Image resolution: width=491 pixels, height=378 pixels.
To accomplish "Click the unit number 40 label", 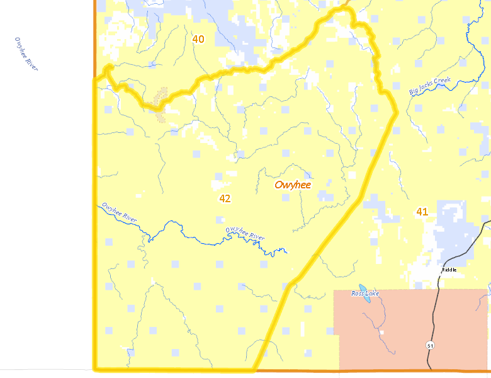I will click(x=198, y=39).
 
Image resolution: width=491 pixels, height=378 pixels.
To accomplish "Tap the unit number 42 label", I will click(x=225, y=198).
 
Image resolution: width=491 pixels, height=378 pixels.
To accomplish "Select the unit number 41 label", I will click(x=422, y=212).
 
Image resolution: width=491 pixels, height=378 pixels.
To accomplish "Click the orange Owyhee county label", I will click(x=293, y=185).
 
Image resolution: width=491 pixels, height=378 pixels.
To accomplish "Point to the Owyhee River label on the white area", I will click(x=26, y=54).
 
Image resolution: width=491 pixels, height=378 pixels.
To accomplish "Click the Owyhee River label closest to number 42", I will click(x=245, y=232).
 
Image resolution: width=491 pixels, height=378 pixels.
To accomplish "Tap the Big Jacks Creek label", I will click(x=430, y=86).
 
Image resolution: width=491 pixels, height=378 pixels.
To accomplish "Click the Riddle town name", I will click(x=449, y=270).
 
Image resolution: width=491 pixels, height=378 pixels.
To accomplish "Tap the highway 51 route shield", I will click(x=429, y=346).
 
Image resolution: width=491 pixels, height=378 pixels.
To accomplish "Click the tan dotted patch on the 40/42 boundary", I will click(x=161, y=104).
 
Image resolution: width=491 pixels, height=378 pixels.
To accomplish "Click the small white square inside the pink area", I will click(x=383, y=331).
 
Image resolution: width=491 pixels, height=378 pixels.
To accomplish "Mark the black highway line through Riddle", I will click(x=435, y=302).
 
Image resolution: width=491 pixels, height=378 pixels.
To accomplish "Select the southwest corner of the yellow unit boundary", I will click(x=96, y=369).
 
